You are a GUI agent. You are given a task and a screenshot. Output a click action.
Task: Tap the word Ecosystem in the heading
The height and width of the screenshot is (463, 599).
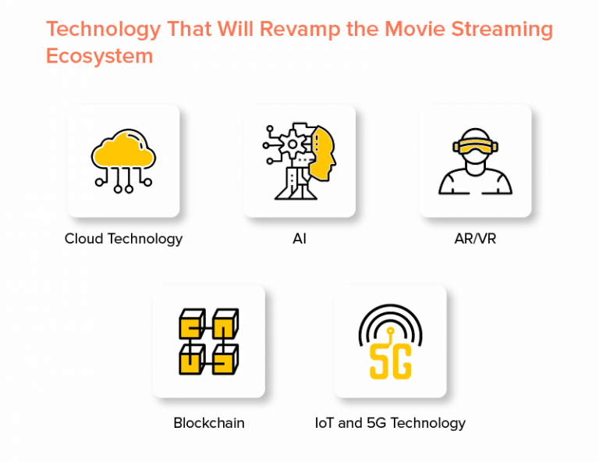pos(99,56)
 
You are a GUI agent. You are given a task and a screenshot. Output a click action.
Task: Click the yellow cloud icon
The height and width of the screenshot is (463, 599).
pos(123,151)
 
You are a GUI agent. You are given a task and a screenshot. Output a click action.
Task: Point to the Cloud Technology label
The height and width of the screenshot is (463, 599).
pos(123,239)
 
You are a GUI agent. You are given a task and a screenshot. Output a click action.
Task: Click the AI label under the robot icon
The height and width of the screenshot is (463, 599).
pos(299,239)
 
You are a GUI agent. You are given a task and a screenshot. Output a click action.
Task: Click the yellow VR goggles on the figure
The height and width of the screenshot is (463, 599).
pos(475,146)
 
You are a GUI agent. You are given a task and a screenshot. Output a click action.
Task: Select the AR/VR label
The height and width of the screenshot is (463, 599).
pos(475,239)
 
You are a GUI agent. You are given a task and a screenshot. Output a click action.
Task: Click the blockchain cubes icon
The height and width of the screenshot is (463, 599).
pos(208,341)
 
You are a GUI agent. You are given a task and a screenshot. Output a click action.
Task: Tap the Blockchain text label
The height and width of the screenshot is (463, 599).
pos(208,423)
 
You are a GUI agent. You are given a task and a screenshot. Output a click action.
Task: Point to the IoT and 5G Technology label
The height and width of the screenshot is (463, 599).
pos(390,423)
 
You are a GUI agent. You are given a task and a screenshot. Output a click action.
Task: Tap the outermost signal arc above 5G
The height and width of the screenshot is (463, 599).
pos(390,307)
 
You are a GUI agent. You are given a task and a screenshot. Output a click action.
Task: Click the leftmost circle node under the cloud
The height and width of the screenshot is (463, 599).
pos(99,182)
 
